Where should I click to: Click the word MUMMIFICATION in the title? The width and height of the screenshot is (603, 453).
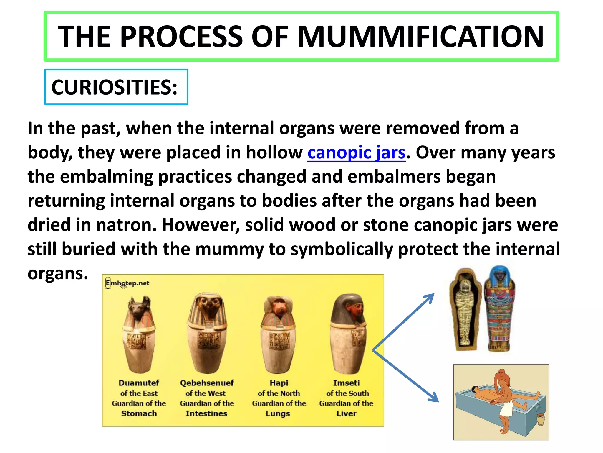point(420,37)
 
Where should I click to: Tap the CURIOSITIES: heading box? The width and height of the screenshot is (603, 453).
point(116,87)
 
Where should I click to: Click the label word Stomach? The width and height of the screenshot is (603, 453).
point(139,413)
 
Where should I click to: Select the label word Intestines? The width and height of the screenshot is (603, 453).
point(206,413)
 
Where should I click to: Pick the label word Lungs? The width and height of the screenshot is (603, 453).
point(278,413)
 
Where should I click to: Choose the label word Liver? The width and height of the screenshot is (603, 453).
point(346,413)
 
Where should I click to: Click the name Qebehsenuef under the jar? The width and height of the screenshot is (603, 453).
point(207,383)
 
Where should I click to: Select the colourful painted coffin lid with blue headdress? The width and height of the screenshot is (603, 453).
point(500,310)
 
